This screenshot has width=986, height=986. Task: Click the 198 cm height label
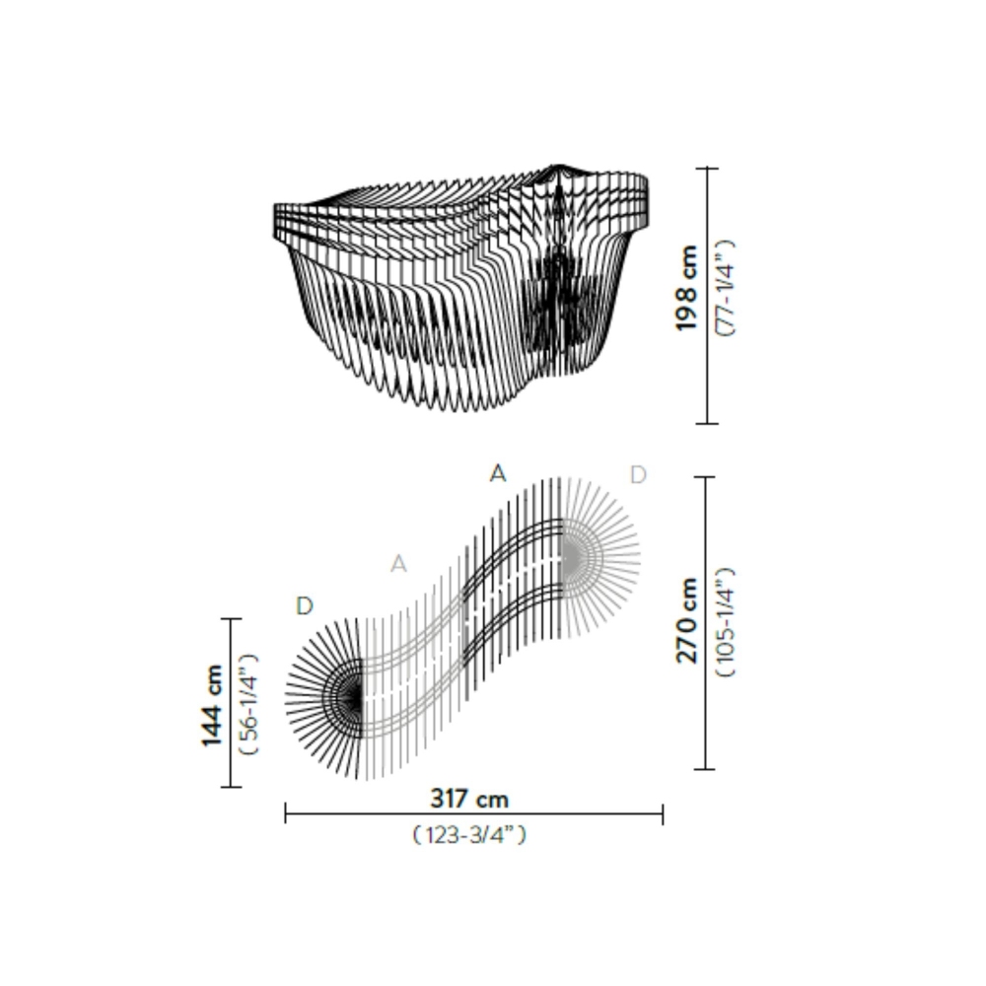(x=687, y=288)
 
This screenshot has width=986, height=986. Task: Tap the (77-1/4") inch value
(x=725, y=288)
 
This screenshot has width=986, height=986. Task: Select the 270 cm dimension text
(x=687, y=621)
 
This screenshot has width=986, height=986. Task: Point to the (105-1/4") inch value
(x=725, y=621)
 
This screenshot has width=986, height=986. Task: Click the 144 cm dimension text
(x=211, y=704)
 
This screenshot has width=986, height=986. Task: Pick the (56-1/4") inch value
(x=248, y=704)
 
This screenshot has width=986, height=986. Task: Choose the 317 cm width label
(x=469, y=798)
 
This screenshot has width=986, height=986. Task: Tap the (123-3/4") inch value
(x=469, y=835)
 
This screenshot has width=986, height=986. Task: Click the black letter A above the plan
(x=498, y=474)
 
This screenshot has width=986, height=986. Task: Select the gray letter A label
(x=398, y=564)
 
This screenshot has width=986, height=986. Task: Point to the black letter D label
(x=305, y=606)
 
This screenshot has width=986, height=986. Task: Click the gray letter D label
(x=638, y=475)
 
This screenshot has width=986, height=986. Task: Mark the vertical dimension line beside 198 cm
(x=706, y=296)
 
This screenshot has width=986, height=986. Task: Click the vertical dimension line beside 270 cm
(x=704, y=623)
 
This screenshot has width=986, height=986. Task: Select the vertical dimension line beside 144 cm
(x=230, y=703)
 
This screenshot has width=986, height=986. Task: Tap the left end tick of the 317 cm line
(x=286, y=813)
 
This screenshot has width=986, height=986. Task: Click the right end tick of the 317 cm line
(x=663, y=813)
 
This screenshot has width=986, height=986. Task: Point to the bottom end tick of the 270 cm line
(x=704, y=769)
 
